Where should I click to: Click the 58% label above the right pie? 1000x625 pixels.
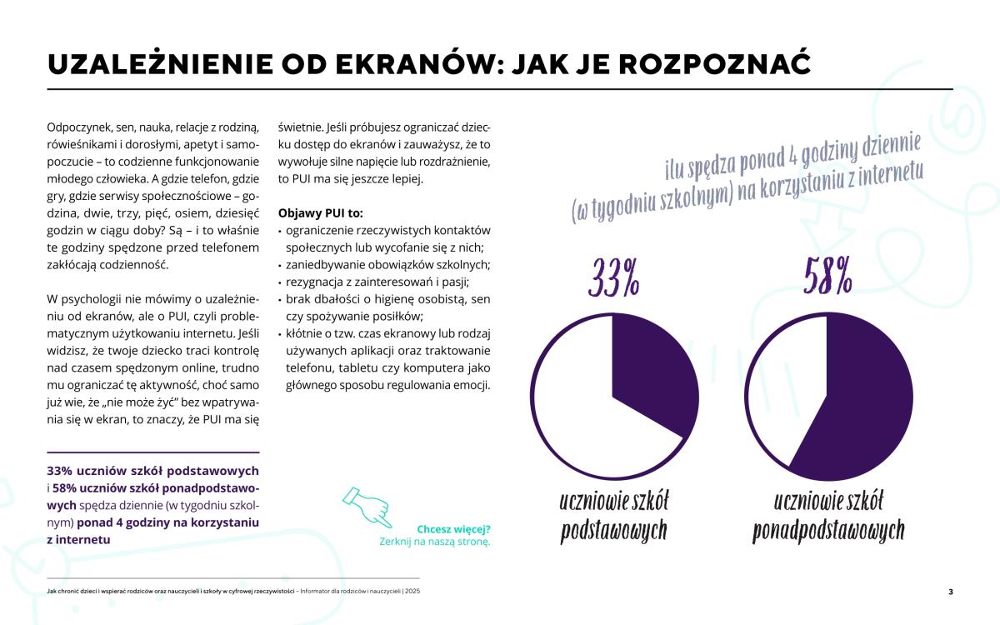[x=827, y=277]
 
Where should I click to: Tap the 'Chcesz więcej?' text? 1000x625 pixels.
[x=453, y=528]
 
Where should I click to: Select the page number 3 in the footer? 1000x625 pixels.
[x=951, y=592]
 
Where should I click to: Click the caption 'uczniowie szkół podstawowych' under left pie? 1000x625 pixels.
[x=614, y=516]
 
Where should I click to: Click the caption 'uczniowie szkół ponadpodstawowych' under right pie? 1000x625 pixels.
[x=828, y=516]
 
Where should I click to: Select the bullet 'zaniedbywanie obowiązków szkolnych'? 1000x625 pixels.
[x=387, y=264]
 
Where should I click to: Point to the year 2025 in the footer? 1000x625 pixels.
[x=412, y=591]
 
